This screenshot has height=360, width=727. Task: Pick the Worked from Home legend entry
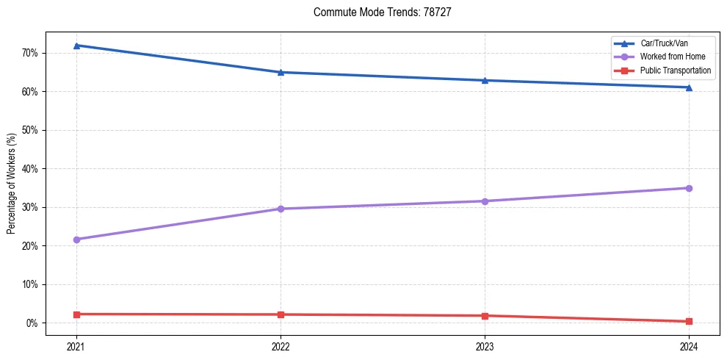[672, 57]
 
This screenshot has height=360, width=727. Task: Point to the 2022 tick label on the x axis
[281, 346]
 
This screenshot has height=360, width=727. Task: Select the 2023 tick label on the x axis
[485, 346]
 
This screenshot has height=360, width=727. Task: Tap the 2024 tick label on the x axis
[689, 346]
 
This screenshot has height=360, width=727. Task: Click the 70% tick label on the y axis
[29, 53]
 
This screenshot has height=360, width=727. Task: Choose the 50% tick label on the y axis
[29, 130]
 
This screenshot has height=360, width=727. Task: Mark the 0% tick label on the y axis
[32, 323]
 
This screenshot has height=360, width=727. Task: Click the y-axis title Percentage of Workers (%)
[11, 184]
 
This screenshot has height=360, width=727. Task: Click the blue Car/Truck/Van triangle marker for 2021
[76, 46]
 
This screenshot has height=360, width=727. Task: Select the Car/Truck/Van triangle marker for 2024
[689, 87]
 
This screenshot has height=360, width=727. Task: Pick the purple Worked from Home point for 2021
[76, 240]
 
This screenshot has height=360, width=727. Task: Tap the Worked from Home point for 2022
[281, 209]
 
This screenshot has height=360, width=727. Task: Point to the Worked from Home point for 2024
[689, 188]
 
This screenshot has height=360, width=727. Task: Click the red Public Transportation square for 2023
[485, 316]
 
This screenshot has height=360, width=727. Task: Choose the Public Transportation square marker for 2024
[689, 321]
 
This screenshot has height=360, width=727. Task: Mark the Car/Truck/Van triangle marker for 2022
[281, 72]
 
